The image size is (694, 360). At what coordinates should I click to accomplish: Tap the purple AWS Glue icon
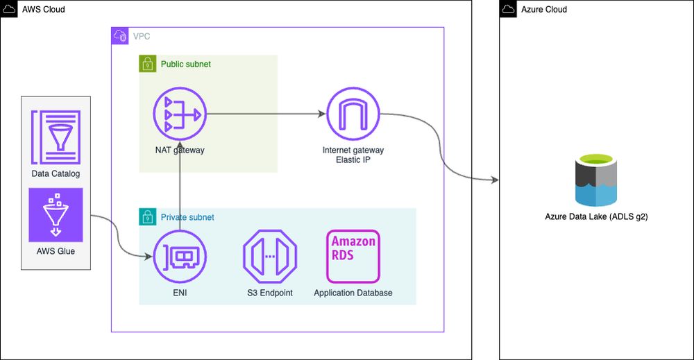[56, 214]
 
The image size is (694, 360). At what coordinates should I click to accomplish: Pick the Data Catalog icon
[56, 137]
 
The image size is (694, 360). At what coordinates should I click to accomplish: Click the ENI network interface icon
[180, 257]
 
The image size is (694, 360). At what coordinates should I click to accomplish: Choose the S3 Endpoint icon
[269, 257]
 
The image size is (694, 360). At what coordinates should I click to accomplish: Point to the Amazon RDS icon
[353, 257]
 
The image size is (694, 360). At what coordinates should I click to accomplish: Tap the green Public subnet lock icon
[146, 64]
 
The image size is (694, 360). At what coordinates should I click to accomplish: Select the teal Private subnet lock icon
[146, 216]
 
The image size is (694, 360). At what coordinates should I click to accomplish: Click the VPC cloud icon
[119, 35]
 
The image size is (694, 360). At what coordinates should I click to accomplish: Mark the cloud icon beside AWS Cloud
[9, 8]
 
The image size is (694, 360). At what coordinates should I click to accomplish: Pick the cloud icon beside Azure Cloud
[509, 8]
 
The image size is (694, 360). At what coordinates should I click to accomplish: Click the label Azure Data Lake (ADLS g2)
[596, 217]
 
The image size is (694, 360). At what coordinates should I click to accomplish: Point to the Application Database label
[353, 293]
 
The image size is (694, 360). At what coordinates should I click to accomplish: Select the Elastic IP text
[353, 160]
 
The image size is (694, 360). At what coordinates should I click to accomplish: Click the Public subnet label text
[185, 64]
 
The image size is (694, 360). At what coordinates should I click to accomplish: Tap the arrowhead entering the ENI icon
[149, 257]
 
